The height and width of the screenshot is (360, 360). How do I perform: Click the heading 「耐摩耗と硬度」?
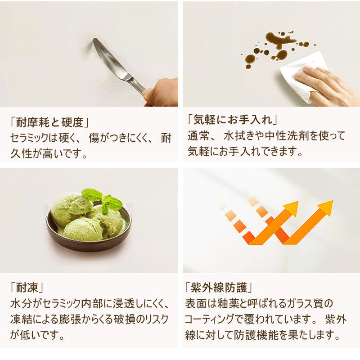49,122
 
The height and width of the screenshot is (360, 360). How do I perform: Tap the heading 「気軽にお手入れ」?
232,119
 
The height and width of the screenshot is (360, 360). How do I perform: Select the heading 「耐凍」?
27,287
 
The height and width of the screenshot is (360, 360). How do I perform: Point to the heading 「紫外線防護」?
218,287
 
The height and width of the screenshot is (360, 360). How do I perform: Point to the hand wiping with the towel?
328,86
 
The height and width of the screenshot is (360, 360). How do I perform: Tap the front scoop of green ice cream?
83,229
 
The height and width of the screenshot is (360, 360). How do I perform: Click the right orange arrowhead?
325,207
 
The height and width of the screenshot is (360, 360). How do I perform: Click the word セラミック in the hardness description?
29,138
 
